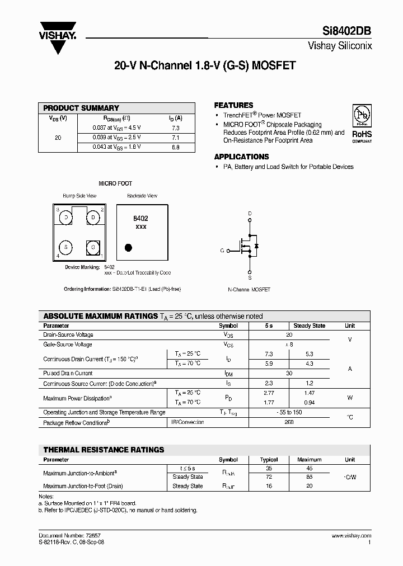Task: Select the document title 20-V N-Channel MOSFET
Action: tap(204, 65)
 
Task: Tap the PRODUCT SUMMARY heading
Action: tap(81, 108)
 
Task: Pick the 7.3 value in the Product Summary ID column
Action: tap(175, 128)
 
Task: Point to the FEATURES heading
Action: tap(233, 105)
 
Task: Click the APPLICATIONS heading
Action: tap(241, 157)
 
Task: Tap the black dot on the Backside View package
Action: tap(128, 247)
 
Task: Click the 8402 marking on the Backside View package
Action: tap(140, 219)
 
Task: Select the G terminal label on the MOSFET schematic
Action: tap(222, 251)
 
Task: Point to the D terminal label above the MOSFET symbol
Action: tap(250, 214)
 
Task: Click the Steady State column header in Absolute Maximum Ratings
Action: tap(309, 326)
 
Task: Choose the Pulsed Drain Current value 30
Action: tap(289, 373)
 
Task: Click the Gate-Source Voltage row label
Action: tap(68, 345)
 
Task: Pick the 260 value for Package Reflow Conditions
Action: tap(289, 423)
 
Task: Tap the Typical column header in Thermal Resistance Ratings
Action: tap(269, 460)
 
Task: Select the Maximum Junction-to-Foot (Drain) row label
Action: tap(83, 486)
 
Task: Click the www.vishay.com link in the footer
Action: tap(352, 536)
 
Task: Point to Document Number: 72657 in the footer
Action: tap(66, 536)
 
